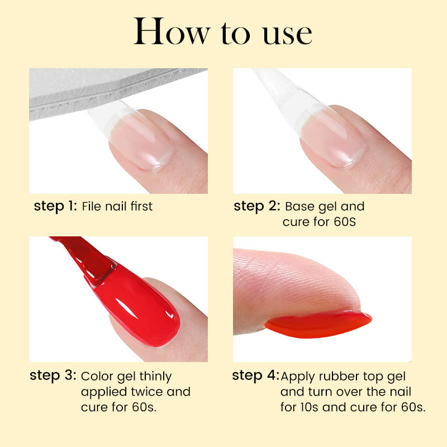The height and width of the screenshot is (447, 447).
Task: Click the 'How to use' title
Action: tap(223, 32)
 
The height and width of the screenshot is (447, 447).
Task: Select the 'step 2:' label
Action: tap(256, 206)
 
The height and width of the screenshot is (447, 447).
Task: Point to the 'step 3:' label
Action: tap(53, 376)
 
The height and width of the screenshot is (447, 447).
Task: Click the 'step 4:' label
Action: tap(255, 376)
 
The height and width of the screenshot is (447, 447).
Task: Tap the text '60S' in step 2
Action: tap(345, 222)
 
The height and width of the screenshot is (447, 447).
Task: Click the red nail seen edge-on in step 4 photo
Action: tap(318, 324)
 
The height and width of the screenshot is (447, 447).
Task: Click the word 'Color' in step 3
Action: tap(96, 376)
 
